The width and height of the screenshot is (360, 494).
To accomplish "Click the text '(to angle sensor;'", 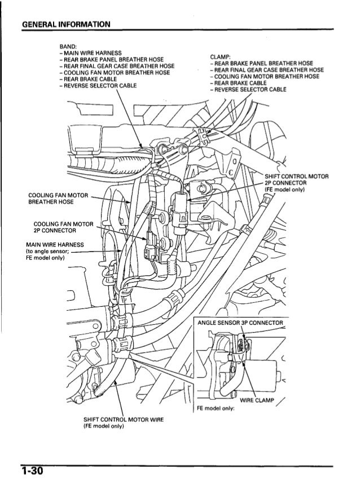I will (45, 252).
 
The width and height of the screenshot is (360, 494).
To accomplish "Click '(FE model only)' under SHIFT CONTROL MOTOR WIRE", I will (103, 427).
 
